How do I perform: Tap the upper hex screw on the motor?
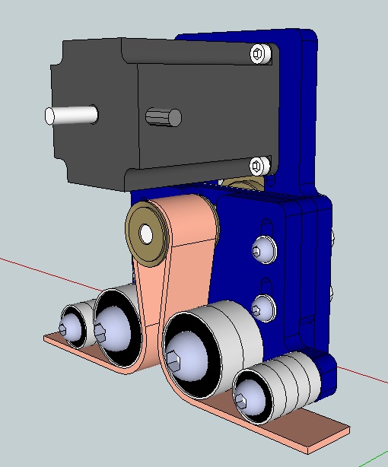[x=260, y=54]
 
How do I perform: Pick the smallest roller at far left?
[x=73, y=325]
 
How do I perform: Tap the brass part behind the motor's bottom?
[x=243, y=185]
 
